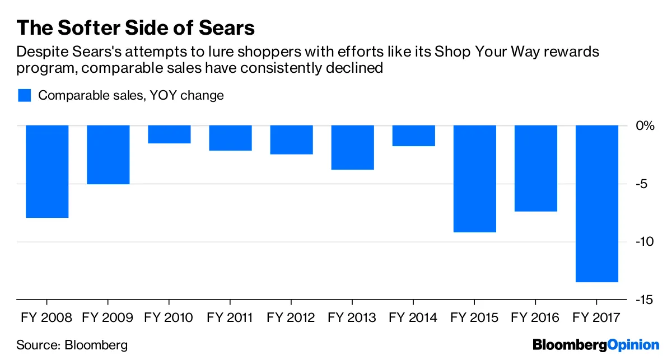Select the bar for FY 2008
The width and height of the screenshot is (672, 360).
(x=48, y=171)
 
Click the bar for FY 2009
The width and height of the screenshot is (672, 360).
(x=109, y=155)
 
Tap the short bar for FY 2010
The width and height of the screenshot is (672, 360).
(x=170, y=134)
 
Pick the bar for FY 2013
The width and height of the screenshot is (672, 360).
(x=353, y=147)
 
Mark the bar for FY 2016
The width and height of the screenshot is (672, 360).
(x=536, y=168)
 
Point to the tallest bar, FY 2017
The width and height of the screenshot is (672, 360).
(x=597, y=203)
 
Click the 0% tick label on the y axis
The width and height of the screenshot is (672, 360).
(x=646, y=125)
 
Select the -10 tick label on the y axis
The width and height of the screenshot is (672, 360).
(x=645, y=241)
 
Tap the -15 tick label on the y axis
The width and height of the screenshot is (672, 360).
(x=645, y=300)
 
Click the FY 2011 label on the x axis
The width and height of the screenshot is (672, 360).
(x=230, y=318)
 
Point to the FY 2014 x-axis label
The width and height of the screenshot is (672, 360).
(x=413, y=318)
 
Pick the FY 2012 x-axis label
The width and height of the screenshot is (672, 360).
(x=291, y=318)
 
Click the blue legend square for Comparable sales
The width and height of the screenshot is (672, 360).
(x=24, y=95)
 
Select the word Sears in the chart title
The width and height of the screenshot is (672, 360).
(x=224, y=28)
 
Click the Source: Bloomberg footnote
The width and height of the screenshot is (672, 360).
(x=72, y=345)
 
